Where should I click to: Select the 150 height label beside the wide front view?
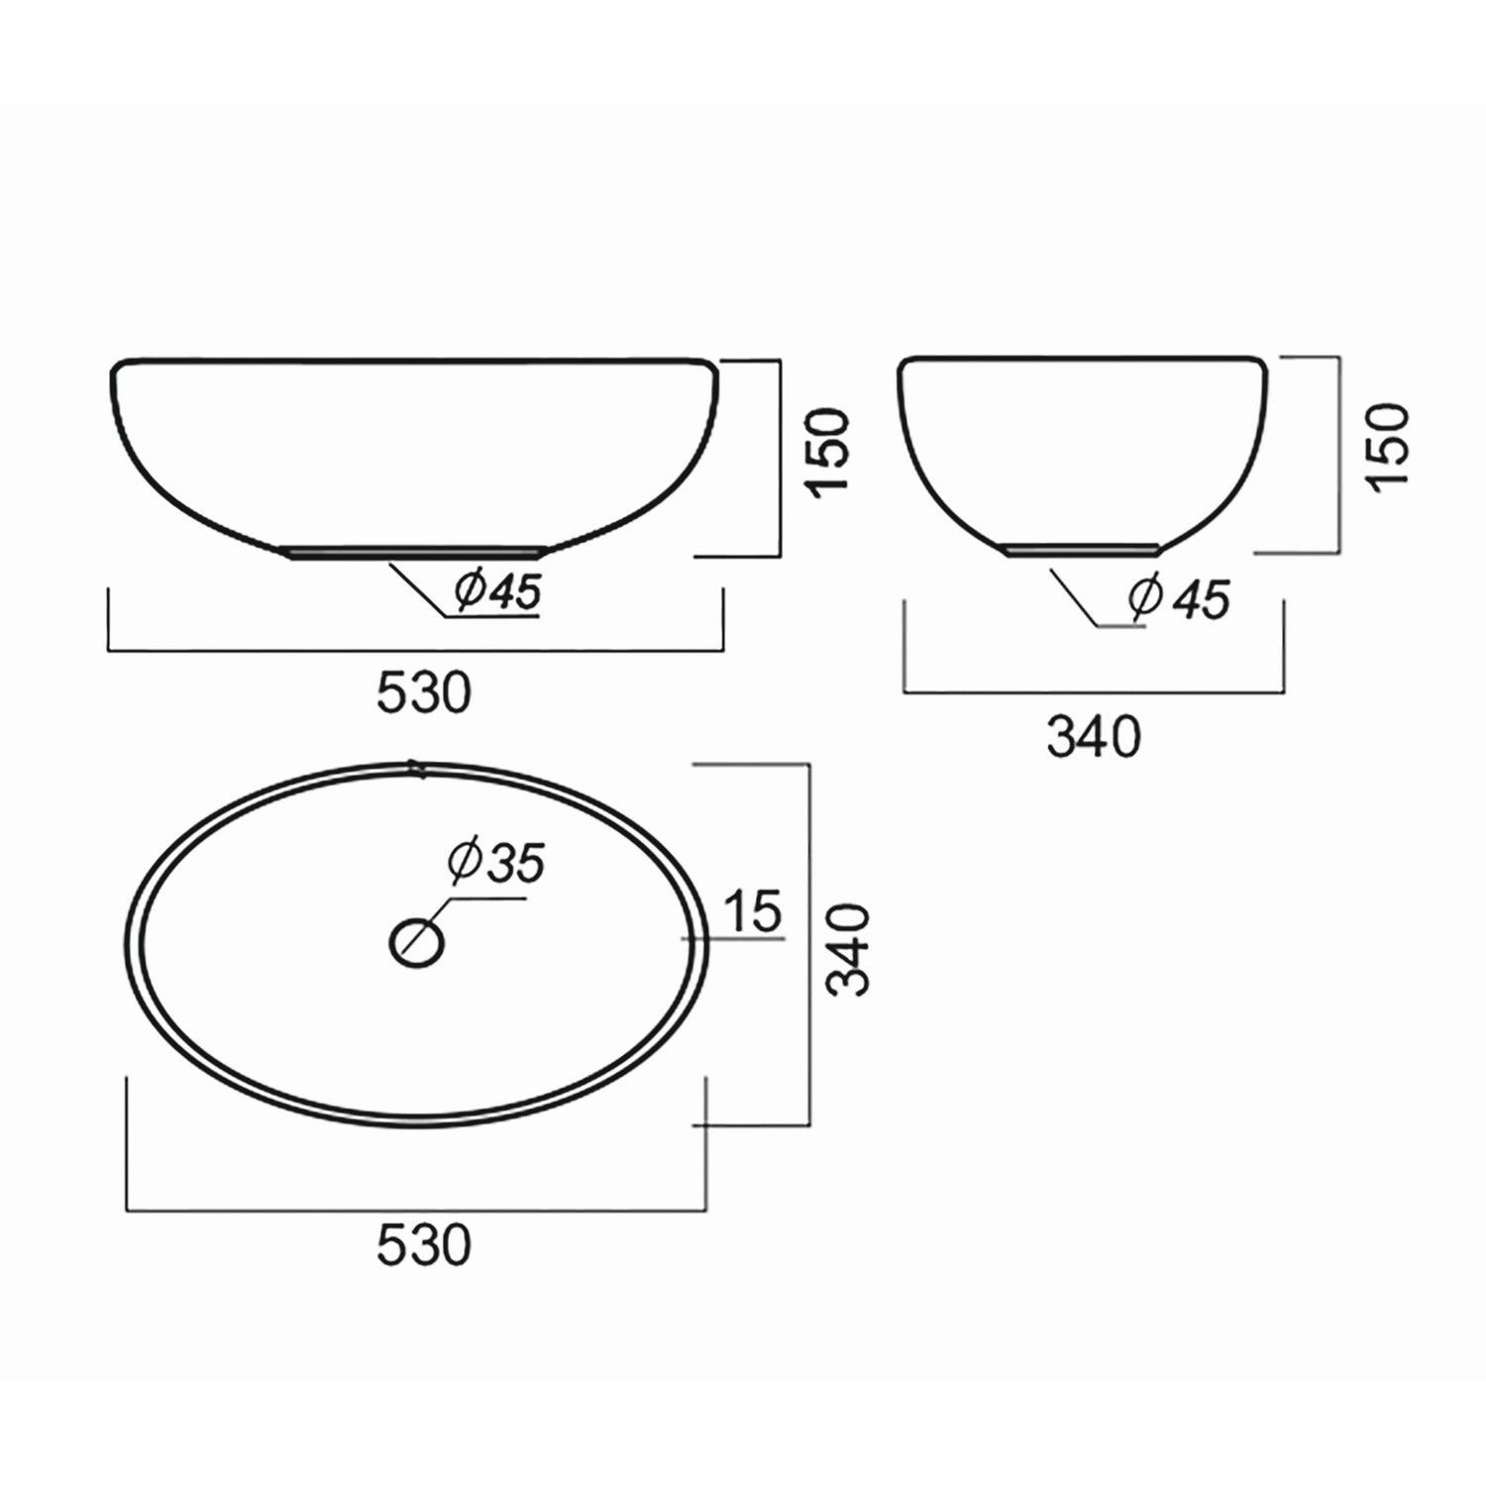[828, 451]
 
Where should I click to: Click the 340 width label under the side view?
[1094, 737]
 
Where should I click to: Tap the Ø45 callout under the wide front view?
[497, 592]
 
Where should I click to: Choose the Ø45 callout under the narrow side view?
[1179, 599]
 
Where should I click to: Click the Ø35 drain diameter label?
[496, 864]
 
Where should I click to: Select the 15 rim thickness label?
[753, 911]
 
